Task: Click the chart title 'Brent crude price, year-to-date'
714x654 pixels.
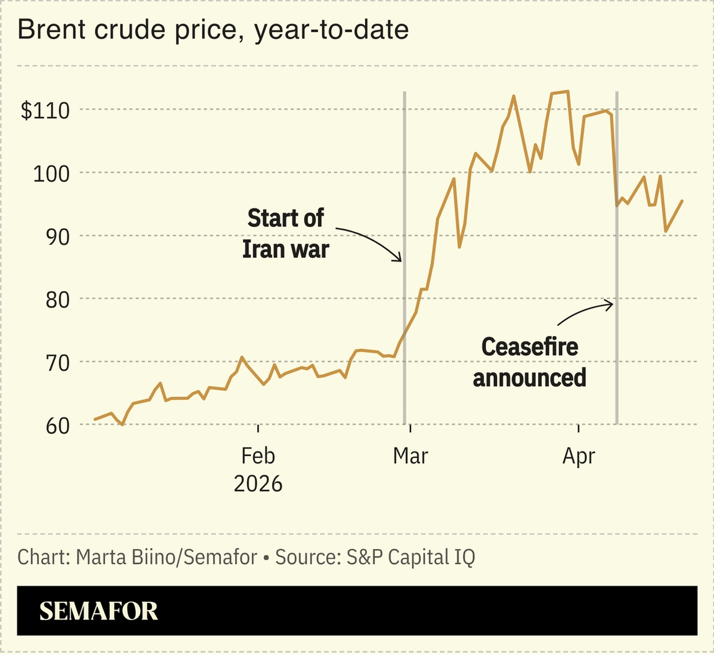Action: pyautogui.click(x=213, y=30)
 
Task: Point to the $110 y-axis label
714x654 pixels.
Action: pyautogui.click(x=45, y=110)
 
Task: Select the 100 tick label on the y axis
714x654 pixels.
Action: pyautogui.click(x=51, y=173)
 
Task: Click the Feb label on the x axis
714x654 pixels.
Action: pyautogui.click(x=258, y=456)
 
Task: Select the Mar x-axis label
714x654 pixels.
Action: pyautogui.click(x=410, y=456)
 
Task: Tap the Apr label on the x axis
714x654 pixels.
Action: pyautogui.click(x=578, y=456)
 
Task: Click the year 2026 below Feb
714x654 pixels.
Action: pyautogui.click(x=258, y=483)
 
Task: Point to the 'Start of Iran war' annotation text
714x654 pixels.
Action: pyautogui.click(x=285, y=234)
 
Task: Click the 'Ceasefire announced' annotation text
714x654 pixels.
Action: pyautogui.click(x=529, y=362)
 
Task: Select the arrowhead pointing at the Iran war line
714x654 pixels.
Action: pyautogui.click(x=399, y=259)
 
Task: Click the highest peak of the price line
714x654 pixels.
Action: pyautogui.click(x=567, y=92)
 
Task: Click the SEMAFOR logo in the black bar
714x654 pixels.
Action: pyautogui.click(x=99, y=611)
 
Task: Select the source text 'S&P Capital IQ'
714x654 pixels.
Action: pyautogui.click(x=410, y=557)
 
